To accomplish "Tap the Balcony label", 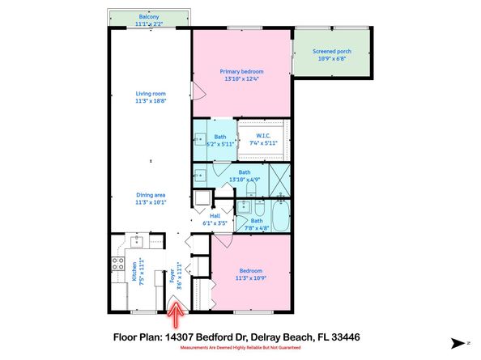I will [x=149, y=15].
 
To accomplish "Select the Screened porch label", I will [x=330, y=52].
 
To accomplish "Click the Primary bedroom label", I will [x=241, y=71].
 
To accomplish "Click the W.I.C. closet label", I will [x=262, y=134].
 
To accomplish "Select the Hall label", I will [x=215, y=216].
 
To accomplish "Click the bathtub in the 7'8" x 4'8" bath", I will [x=280, y=218].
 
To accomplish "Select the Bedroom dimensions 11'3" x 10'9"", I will [x=250, y=278].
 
